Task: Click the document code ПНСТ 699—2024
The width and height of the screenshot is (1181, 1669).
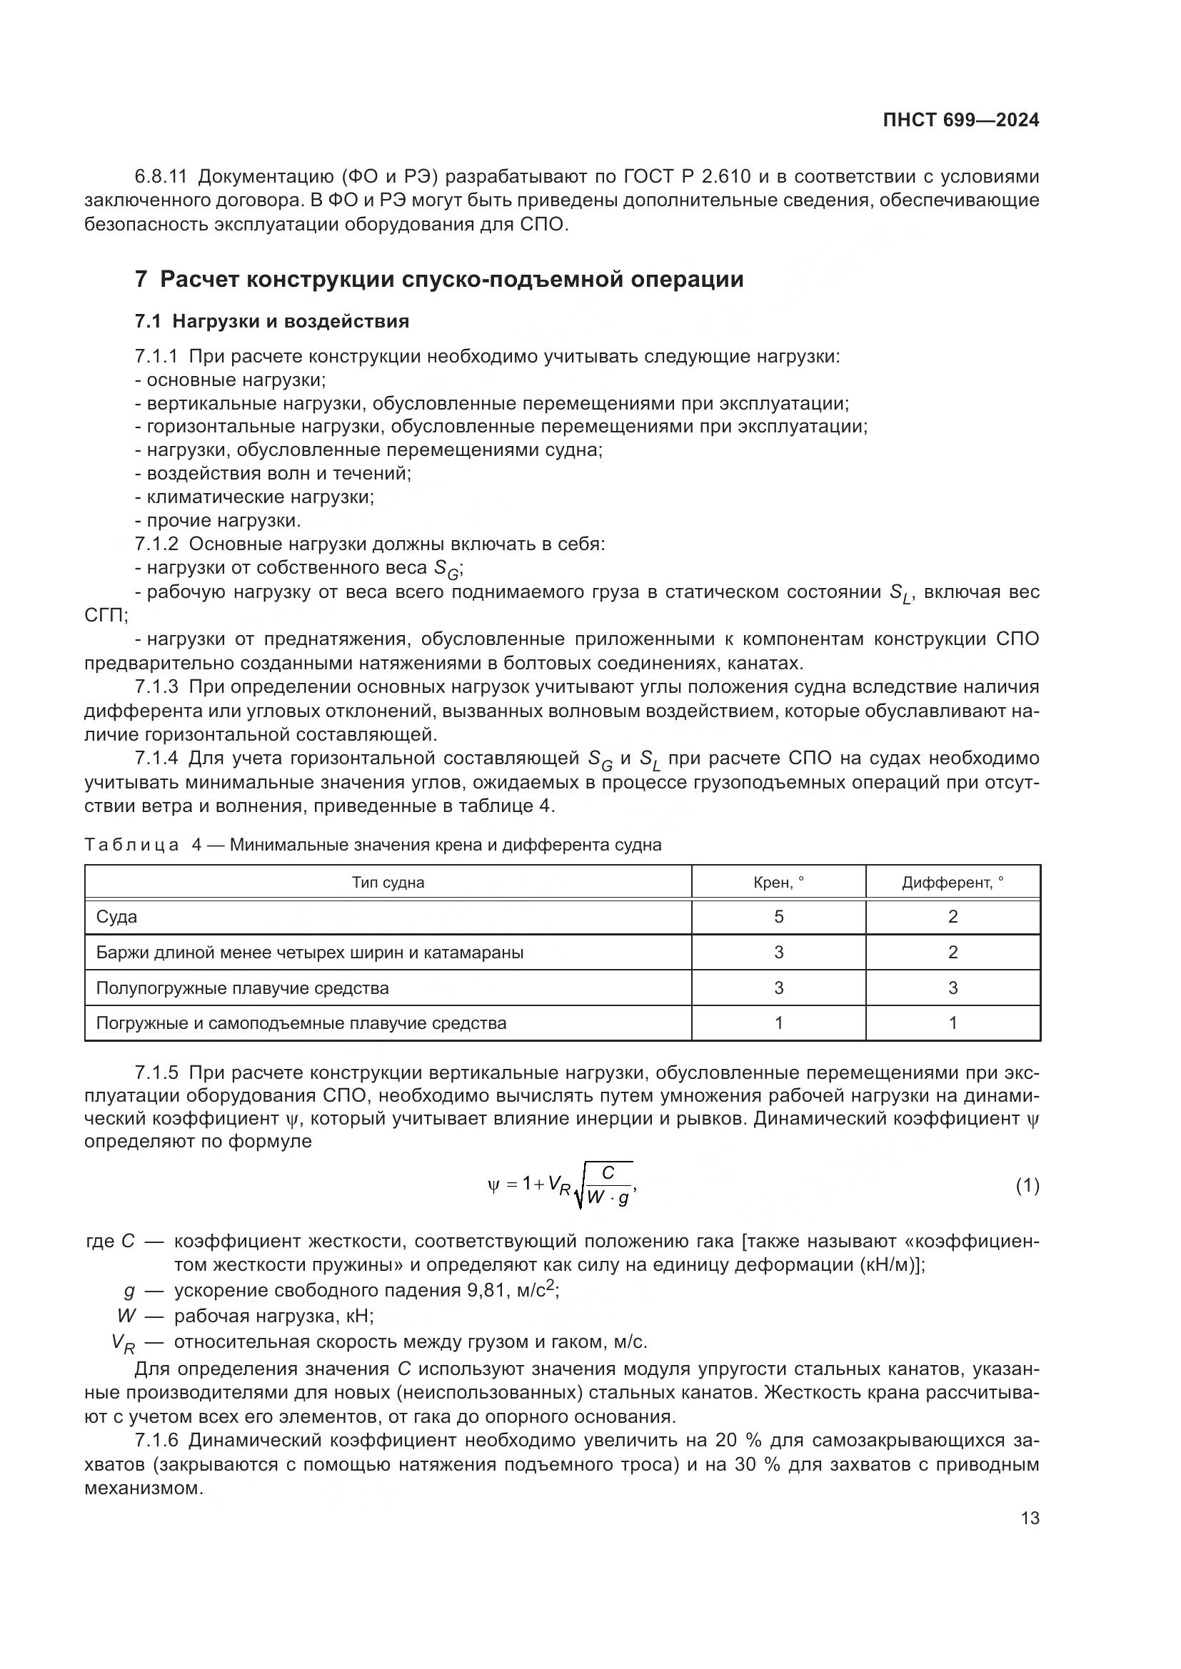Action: click(960, 121)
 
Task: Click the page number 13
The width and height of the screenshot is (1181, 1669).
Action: click(1030, 1518)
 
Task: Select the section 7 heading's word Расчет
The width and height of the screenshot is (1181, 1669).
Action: click(199, 280)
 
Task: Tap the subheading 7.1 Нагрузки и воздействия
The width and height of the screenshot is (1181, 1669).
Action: click(272, 321)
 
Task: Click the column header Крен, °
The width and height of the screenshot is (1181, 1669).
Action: click(778, 883)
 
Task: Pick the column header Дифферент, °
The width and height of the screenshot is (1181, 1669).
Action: click(953, 883)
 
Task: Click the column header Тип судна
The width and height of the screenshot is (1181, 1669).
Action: click(388, 883)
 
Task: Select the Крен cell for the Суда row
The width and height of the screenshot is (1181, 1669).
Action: click(778, 918)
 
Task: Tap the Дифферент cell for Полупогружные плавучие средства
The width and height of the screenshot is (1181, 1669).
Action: click(953, 988)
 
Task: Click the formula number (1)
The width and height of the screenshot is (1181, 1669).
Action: click(1027, 1187)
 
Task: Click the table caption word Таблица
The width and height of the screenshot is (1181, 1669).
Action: click(131, 845)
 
